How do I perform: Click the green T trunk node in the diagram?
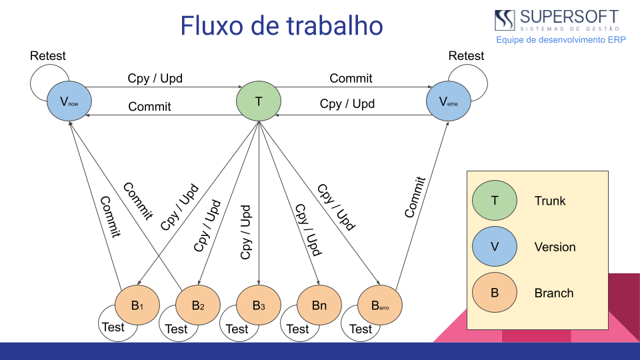click(x=259, y=102)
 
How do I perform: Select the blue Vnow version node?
click(x=69, y=102)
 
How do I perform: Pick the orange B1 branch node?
click(x=137, y=306)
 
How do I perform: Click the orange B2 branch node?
click(x=198, y=306)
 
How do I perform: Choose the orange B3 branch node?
click(x=259, y=306)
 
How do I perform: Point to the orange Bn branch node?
click(x=319, y=306)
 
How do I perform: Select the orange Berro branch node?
click(x=380, y=306)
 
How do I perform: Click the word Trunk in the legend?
click(x=550, y=201)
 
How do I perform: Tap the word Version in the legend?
click(x=555, y=247)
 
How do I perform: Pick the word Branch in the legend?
click(x=554, y=293)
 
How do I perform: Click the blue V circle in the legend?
click(x=494, y=247)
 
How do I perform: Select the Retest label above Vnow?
click(x=48, y=56)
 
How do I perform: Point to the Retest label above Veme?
click(x=466, y=56)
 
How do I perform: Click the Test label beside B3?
click(x=237, y=329)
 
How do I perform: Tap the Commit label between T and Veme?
click(x=351, y=79)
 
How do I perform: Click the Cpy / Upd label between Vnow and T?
click(x=155, y=79)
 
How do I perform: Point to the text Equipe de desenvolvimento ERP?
click(x=560, y=40)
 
